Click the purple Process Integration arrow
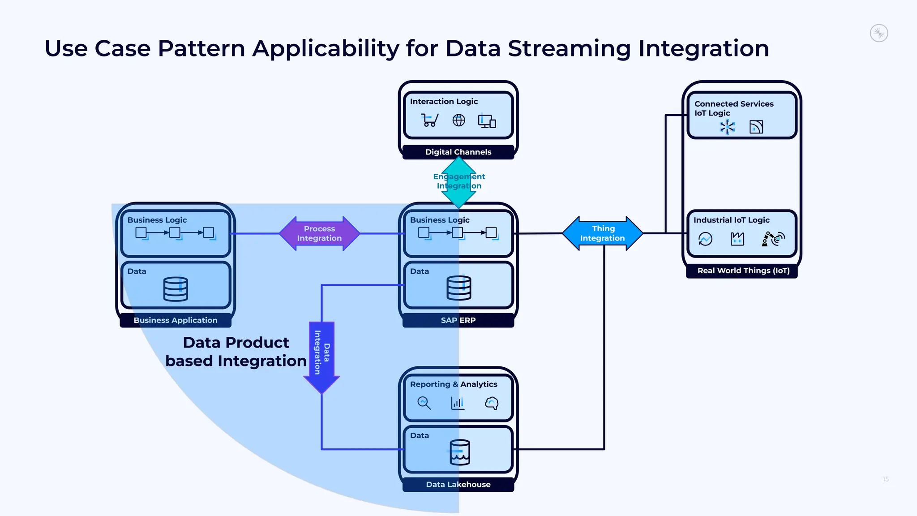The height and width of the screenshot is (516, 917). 319,233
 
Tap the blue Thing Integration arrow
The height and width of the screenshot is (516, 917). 603,233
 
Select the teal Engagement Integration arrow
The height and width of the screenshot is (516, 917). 459,181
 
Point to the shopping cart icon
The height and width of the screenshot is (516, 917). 429,120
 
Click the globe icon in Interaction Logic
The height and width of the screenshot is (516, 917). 458,120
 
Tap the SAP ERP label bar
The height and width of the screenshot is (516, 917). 458,320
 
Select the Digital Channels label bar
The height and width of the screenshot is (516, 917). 458,152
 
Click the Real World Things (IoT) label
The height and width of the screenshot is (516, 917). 743,271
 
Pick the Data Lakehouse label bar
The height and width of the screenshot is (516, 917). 458,484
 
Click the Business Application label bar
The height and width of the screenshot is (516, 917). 176,320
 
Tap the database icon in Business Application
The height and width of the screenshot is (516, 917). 176,289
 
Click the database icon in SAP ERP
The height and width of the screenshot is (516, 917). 459,288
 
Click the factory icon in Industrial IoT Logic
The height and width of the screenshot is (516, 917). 737,239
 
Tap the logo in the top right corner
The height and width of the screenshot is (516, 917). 879,33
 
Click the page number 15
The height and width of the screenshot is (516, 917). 886,479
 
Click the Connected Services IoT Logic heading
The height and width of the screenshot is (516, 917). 733,108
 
